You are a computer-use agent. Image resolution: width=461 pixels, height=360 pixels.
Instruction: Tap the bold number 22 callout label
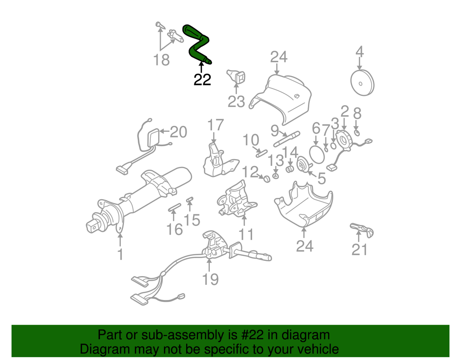pyautogui.click(x=202, y=80)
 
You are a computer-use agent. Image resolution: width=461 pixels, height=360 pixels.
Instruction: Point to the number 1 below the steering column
pyautogui.click(x=120, y=254)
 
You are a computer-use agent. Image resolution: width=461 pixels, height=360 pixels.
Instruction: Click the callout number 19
pyautogui.click(x=210, y=278)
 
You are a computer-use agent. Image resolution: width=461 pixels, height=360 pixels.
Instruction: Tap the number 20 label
pyautogui.click(x=178, y=133)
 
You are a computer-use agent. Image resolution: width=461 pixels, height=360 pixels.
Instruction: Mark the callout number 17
pyautogui.click(x=215, y=125)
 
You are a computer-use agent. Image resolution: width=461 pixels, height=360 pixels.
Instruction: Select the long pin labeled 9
pyautogui.click(x=286, y=139)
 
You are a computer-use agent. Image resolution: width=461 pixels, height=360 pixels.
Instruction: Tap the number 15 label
pyautogui.click(x=192, y=220)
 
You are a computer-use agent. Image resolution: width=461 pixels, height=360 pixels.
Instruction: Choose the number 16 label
pyautogui.click(x=175, y=229)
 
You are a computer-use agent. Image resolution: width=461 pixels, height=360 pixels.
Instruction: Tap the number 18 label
pyautogui.click(x=162, y=59)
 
